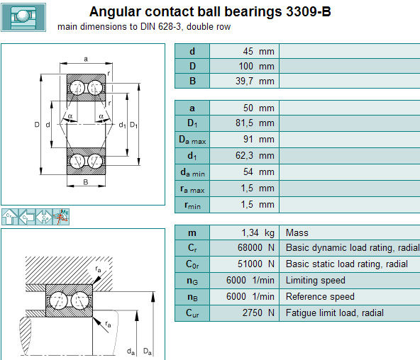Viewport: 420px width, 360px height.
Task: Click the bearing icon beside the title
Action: click(x=23, y=18)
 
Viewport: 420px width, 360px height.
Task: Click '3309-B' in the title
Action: click(x=309, y=12)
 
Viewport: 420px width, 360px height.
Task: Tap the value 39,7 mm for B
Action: click(x=255, y=81)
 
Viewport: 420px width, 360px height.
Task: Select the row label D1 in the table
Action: click(x=192, y=123)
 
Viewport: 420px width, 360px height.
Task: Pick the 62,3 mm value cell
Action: click(x=255, y=156)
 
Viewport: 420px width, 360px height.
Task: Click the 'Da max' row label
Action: click(x=192, y=140)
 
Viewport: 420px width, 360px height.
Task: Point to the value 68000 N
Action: click(x=256, y=247)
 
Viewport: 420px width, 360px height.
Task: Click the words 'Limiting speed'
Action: click(x=315, y=281)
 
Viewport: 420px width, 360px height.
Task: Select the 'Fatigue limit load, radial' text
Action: click(x=335, y=313)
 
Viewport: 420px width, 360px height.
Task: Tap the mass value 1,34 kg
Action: click(x=258, y=233)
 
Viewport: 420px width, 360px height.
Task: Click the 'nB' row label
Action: click(x=192, y=297)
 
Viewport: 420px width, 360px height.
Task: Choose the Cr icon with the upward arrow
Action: click(x=10, y=217)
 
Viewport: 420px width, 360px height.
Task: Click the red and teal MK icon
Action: click(x=61, y=217)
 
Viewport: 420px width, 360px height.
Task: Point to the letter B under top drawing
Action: click(x=86, y=182)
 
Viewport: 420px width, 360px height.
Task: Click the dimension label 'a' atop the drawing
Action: click(x=86, y=59)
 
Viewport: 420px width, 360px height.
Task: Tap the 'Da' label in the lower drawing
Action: click(x=148, y=351)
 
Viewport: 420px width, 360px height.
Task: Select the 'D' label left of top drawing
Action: click(x=37, y=124)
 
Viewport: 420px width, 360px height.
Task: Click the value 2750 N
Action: click(x=258, y=313)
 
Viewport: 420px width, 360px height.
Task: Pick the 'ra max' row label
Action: click(x=192, y=189)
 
